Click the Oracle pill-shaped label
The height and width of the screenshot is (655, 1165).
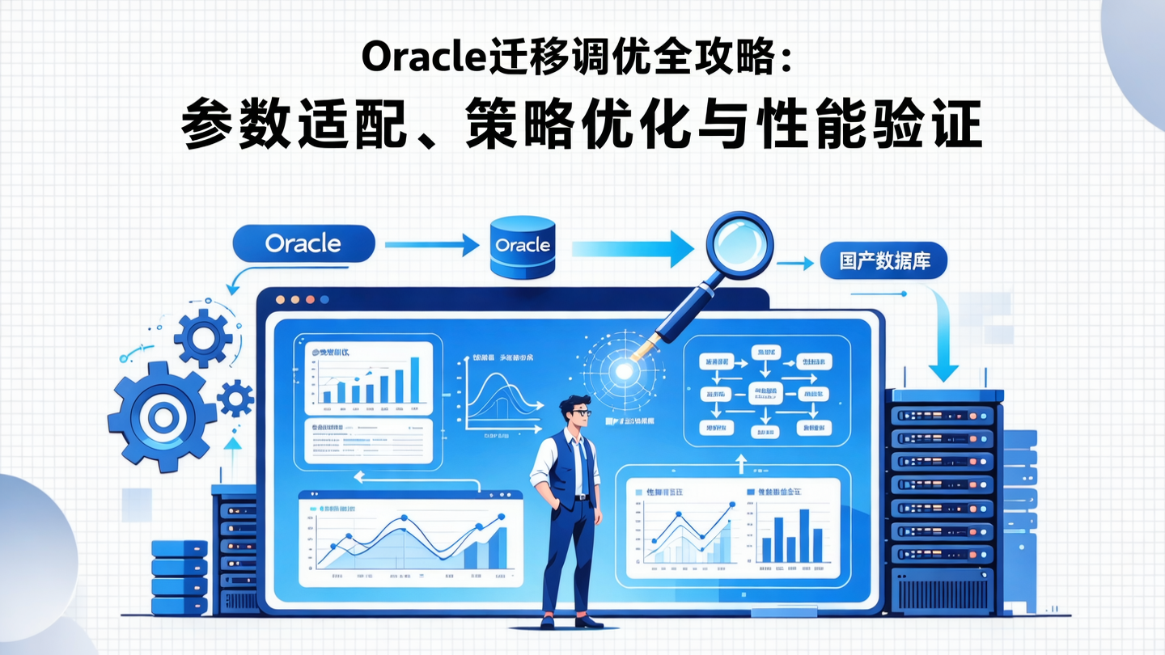pos(303,243)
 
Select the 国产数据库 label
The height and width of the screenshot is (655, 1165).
pos(883,263)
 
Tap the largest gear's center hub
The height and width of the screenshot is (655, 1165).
pos(162,417)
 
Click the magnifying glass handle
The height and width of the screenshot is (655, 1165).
pos(688,307)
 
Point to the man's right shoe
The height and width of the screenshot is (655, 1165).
pos(548,621)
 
